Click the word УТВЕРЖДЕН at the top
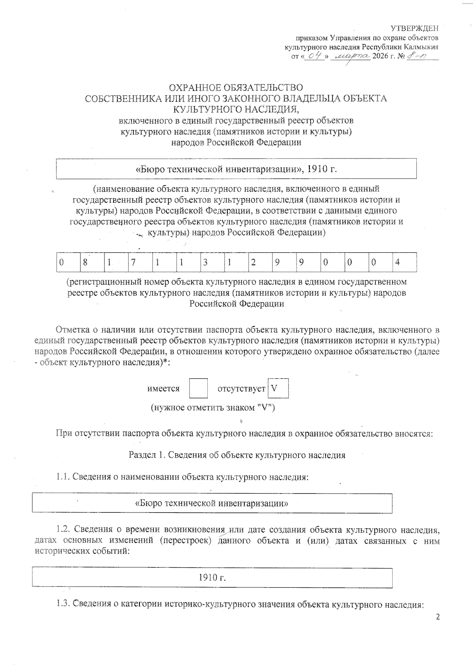(x=414, y=28)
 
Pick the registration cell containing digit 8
(x=85, y=263)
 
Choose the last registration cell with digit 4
(x=398, y=263)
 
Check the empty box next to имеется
(x=198, y=388)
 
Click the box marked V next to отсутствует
(x=278, y=388)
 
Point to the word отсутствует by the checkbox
(x=241, y=389)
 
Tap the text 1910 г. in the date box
(x=212, y=578)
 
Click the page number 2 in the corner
(x=436, y=617)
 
